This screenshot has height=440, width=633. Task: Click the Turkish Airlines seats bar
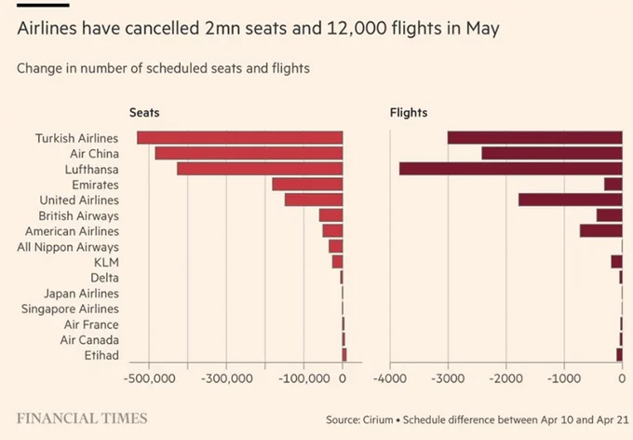tap(240, 138)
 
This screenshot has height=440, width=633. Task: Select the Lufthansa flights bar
tap(511, 169)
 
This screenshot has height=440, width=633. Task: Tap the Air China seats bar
tap(249, 153)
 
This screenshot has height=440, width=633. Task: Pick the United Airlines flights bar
tap(571, 199)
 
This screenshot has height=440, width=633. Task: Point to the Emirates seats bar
tap(307, 184)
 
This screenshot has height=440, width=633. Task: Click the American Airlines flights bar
tap(601, 230)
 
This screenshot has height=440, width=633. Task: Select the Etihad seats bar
tap(344, 354)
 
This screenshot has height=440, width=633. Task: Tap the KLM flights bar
tap(616, 262)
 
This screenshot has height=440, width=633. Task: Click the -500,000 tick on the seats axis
tap(149, 378)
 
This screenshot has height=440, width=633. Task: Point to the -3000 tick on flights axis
tap(448, 378)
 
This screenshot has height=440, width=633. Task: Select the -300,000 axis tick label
tap(226, 378)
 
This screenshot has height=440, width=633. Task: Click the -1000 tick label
tap(564, 378)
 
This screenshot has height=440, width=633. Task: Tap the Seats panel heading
tap(144, 113)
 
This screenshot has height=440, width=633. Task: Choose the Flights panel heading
tap(409, 113)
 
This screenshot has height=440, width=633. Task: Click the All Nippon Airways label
tap(68, 247)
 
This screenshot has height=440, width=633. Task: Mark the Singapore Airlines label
tap(70, 309)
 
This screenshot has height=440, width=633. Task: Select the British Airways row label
tap(79, 216)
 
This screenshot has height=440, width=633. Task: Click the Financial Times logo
tap(82, 419)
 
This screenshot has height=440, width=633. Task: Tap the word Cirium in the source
tap(377, 419)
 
